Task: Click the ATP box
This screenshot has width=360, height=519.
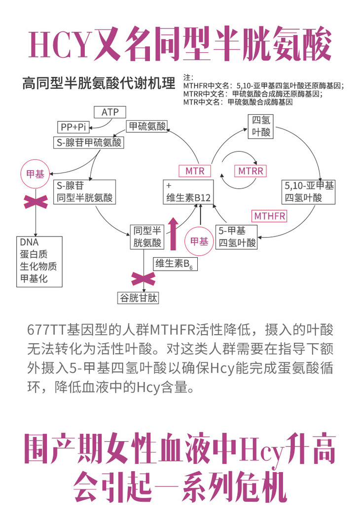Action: pyautogui.click(x=110, y=112)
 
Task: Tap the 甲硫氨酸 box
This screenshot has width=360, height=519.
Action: pyautogui.click(x=147, y=126)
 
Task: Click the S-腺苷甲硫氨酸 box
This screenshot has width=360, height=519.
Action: pyautogui.click(x=88, y=142)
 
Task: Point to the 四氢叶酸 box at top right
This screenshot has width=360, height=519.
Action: pyautogui.click(x=260, y=127)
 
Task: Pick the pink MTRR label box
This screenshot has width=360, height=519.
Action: pyautogui.click(x=251, y=171)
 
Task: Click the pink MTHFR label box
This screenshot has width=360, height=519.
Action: pyautogui.click(x=270, y=216)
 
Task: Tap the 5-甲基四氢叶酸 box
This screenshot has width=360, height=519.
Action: pyautogui.click(x=237, y=237)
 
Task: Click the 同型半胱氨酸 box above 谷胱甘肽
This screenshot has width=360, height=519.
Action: pyautogui.click(x=146, y=237)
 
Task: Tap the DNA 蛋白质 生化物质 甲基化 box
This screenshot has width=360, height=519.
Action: pyautogui.click(x=39, y=261)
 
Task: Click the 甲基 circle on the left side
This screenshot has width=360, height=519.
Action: pyautogui.click(x=35, y=175)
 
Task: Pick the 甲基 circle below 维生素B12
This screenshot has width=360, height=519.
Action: pyautogui.click(x=199, y=242)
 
